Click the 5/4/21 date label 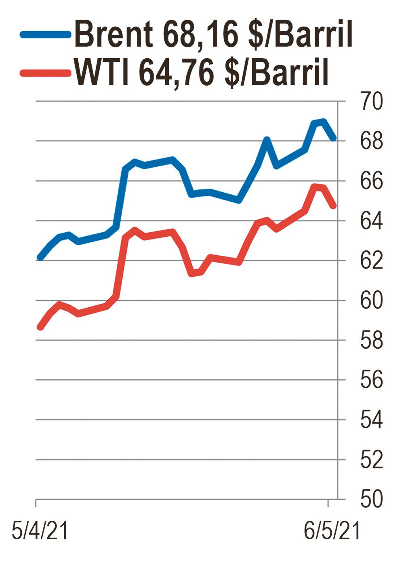pyautogui.click(x=40, y=530)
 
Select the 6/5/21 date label pyautogui.click(x=331, y=530)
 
